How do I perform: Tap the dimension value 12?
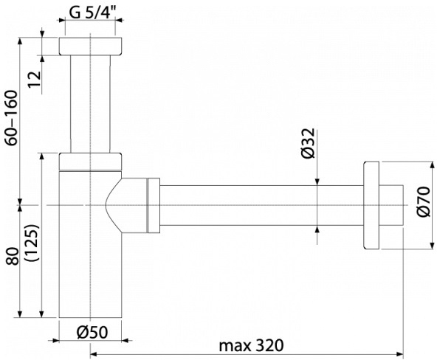pyautogui.click(x=35, y=79)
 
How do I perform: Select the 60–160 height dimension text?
pyautogui.click(x=13, y=117)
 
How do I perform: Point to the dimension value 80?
pyautogui.click(x=13, y=256)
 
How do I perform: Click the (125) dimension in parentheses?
pyautogui.click(x=32, y=243)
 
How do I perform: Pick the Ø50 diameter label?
pyautogui.click(x=92, y=332)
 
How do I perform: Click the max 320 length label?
pyautogui.click(x=252, y=345)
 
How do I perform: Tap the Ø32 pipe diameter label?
pyautogui.click(x=309, y=143)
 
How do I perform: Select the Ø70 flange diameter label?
pyautogui.click(x=424, y=201)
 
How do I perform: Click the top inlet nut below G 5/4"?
pyautogui.click(x=91, y=46)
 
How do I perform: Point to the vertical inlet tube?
pyautogui.click(x=90, y=104)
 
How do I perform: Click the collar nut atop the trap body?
pyautogui.click(x=91, y=162)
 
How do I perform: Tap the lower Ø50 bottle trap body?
pyautogui.click(x=91, y=244)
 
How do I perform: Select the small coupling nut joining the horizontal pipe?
pyautogui.click(x=154, y=205)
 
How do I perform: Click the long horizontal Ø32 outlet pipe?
pyautogui.click(x=262, y=205)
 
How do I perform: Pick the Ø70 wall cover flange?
pyautogui.click(x=371, y=205)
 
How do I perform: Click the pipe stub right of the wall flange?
pyautogui.click(x=391, y=205)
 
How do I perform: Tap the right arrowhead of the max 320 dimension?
pyautogui.click(x=400, y=354)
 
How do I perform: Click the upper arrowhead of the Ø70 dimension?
pyautogui.click(x=433, y=165)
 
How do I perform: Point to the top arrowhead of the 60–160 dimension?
pyautogui.click(x=20, y=41)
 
